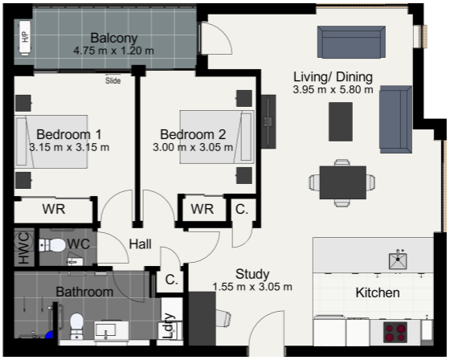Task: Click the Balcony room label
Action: (114, 39)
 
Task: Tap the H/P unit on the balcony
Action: (25, 37)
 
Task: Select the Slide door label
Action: (112, 80)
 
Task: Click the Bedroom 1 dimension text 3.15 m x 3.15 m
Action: (69, 147)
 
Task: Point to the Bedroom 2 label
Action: (193, 134)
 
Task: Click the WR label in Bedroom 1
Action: (54, 209)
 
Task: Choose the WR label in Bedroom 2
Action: (202, 209)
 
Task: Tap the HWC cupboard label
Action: (24, 247)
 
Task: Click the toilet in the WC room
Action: (52, 245)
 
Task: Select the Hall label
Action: (140, 244)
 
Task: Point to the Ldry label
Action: (169, 325)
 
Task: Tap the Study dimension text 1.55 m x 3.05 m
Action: (252, 287)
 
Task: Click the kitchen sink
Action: (398, 260)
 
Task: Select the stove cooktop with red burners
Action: (395, 332)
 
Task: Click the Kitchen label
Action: (378, 292)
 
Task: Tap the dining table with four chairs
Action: (342, 182)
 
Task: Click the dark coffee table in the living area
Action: (341, 121)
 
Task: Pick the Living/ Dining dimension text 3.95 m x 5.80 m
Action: (333, 89)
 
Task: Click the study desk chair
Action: (223, 317)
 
